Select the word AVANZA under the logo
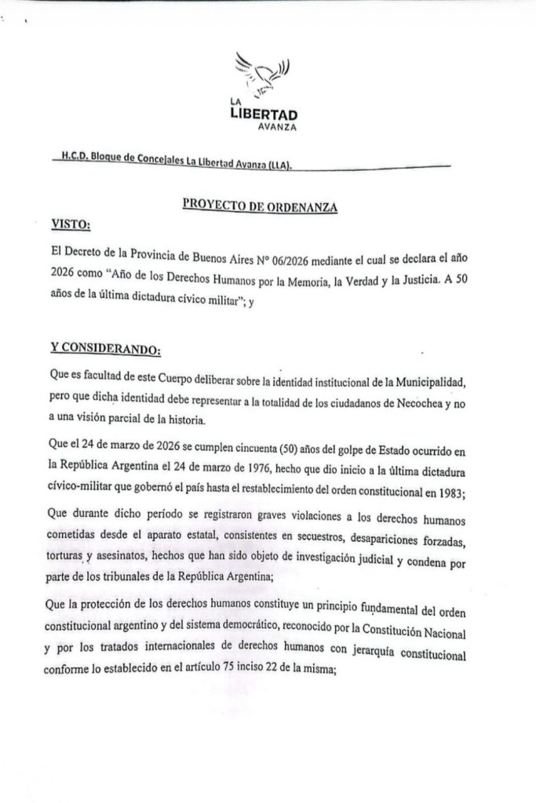point(279,129)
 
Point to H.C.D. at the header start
point(73,156)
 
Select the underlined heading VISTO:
point(71,225)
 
